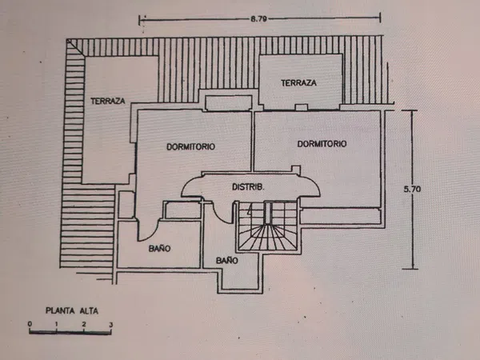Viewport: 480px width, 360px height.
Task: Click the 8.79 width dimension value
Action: tap(258, 19)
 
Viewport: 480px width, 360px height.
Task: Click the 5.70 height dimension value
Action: tap(412, 189)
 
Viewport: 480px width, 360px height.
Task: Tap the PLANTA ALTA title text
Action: tap(72, 310)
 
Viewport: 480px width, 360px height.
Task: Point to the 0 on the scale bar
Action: tap(30, 324)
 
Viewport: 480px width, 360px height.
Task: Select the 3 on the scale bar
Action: tap(111, 325)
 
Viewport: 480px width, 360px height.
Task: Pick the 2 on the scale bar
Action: tap(84, 324)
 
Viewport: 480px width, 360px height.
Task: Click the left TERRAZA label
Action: tap(108, 101)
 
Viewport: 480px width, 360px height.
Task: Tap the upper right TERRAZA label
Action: tap(298, 82)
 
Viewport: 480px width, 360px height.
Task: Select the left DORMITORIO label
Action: tap(190, 146)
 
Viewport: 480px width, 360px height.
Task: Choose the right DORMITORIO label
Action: tap(322, 143)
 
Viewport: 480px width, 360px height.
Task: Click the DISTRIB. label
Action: tap(248, 186)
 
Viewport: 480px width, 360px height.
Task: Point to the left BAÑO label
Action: tap(159, 248)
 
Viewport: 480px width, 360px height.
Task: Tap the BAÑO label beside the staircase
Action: tap(227, 261)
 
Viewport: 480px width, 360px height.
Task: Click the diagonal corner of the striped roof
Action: tap(77, 48)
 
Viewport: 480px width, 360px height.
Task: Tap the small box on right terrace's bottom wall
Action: tap(302, 107)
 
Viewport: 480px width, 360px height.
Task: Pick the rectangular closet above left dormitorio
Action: tap(229, 102)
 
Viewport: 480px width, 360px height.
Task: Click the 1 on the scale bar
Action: tap(57, 324)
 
